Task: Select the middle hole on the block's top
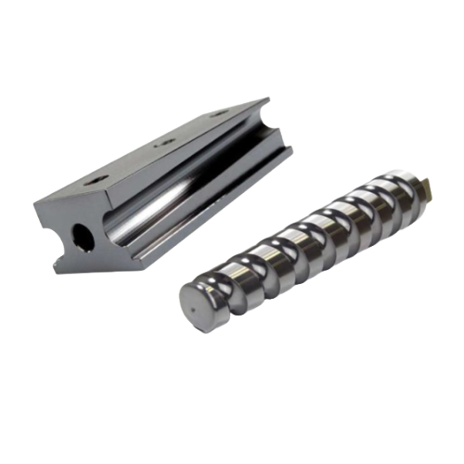point(165,142)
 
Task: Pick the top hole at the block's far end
point(220,114)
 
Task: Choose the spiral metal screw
point(306,251)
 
